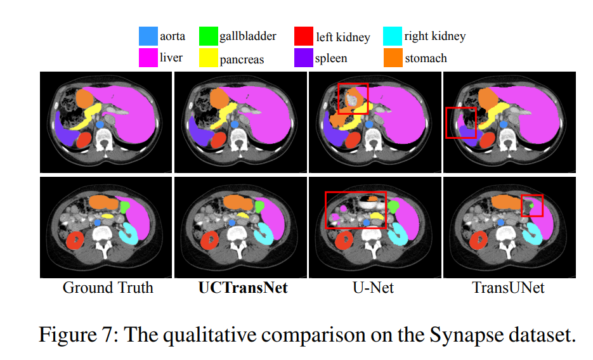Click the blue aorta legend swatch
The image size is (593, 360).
pyautogui.click(x=148, y=36)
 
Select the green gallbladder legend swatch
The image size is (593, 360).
pyautogui.click(x=208, y=36)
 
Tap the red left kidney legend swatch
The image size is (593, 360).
pyautogui.click(x=304, y=36)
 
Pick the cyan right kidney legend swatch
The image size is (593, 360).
pyautogui.click(x=393, y=36)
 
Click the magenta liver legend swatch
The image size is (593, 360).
pyautogui.click(x=148, y=58)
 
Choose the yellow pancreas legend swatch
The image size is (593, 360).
pyautogui.click(x=208, y=58)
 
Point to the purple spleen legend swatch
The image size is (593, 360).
pyautogui.click(x=304, y=58)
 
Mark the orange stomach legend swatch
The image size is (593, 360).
pyautogui.click(x=393, y=58)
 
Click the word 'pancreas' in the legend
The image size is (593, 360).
pyautogui.click(x=242, y=60)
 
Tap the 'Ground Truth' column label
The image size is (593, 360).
pyautogui.click(x=108, y=288)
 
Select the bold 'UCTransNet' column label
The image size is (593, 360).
pyautogui.click(x=243, y=288)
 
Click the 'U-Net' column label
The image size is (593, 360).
pyautogui.click(x=373, y=288)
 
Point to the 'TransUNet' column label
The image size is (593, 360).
pyautogui.click(x=508, y=288)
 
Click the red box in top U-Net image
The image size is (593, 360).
pyautogui.click(x=353, y=98)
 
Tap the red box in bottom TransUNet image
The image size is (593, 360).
pyautogui.click(x=533, y=205)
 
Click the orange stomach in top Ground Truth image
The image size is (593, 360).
pyautogui.click(x=84, y=98)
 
